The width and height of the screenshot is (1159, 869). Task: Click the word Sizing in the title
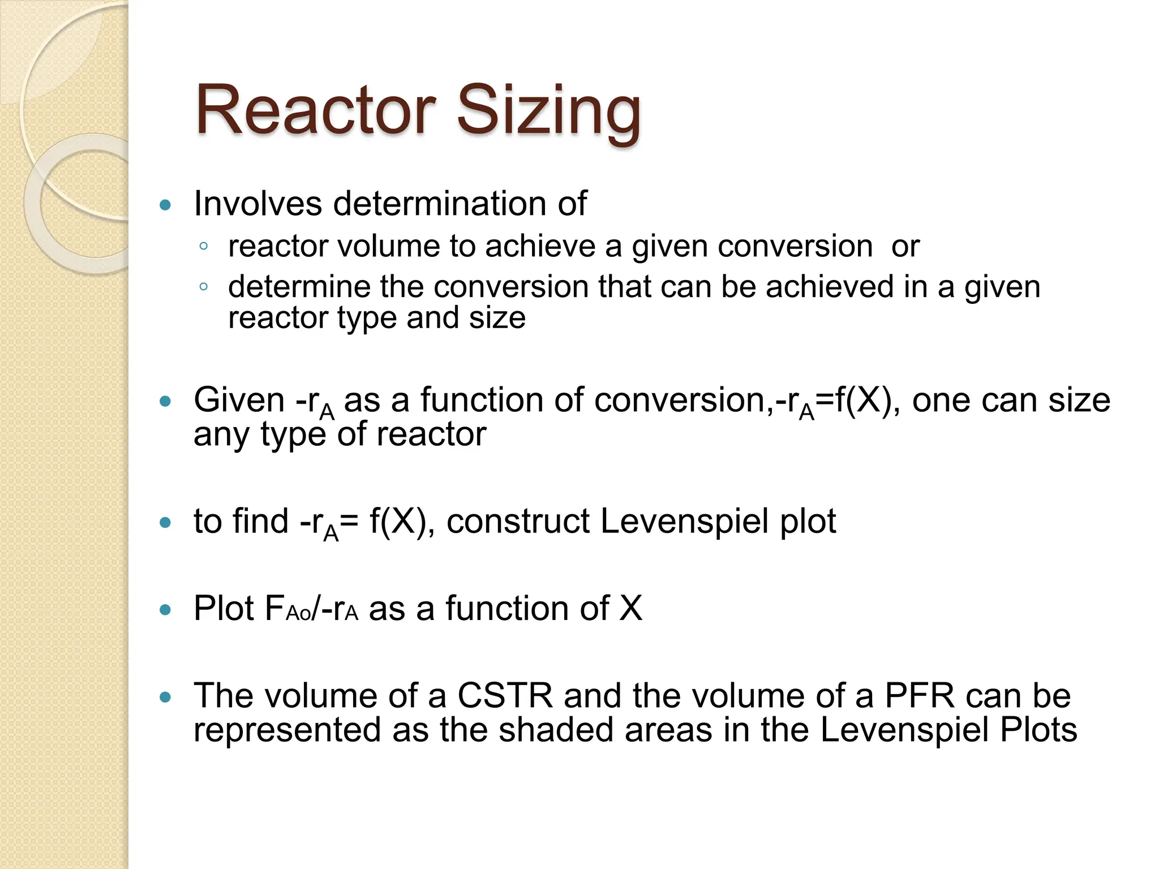(548, 111)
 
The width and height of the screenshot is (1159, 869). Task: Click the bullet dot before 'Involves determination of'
(165, 205)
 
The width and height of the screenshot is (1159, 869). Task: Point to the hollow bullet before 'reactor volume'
(204, 246)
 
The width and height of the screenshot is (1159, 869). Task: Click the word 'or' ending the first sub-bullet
(905, 247)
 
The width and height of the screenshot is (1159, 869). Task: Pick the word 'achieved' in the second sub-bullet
(830, 286)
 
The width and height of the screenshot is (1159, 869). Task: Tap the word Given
(239, 400)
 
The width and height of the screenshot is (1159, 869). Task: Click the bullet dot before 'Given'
(165, 402)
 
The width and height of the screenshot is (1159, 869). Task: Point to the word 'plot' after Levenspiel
(808, 522)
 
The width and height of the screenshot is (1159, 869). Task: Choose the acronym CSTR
(505, 695)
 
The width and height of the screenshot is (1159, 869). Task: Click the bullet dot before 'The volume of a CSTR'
(165, 697)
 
